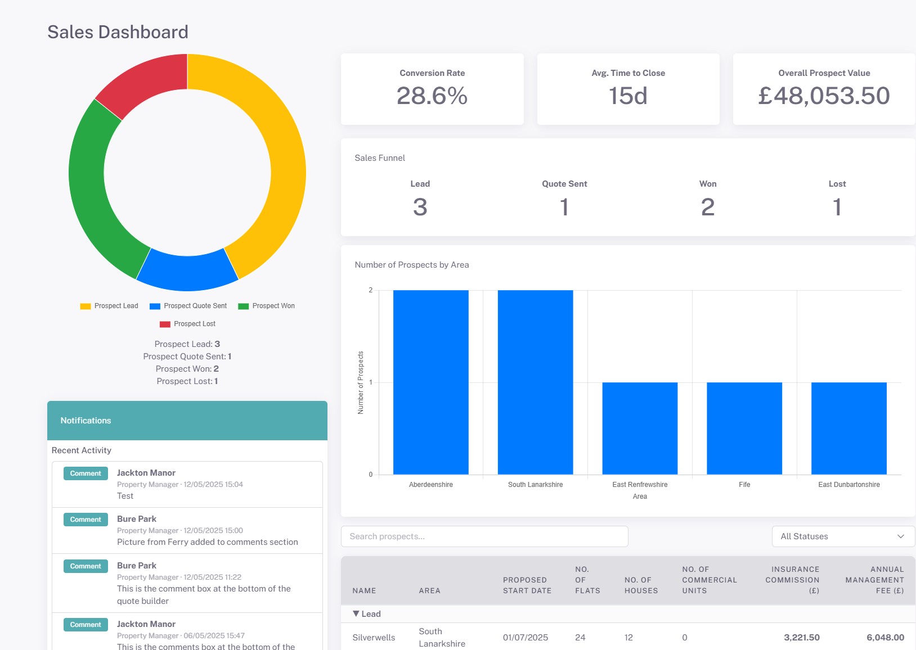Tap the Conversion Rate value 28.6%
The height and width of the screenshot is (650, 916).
point(432,96)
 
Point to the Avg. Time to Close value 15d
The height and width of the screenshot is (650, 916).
point(628,96)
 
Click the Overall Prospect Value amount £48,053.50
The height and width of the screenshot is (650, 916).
point(824,96)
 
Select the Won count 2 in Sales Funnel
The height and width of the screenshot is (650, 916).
point(707,207)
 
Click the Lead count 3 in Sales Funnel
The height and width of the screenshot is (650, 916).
point(420,207)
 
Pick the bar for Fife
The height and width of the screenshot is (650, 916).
point(744,428)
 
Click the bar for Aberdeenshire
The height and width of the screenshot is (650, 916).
point(430,382)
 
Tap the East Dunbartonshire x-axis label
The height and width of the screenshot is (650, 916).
point(848,485)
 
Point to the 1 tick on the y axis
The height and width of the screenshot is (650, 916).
point(370,382)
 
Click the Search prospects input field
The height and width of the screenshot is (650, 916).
point(484,536)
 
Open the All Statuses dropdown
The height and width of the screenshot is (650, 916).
point(843,536)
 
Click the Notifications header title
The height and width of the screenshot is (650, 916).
point(86,421)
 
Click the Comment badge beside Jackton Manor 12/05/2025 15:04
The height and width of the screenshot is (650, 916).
point(86,473)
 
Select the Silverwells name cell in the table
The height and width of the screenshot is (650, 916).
point(374,638)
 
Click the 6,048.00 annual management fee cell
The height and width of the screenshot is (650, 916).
point(885,638)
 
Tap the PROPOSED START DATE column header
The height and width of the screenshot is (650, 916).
point(527,585)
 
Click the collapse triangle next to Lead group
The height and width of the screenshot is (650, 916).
point(356,613)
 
